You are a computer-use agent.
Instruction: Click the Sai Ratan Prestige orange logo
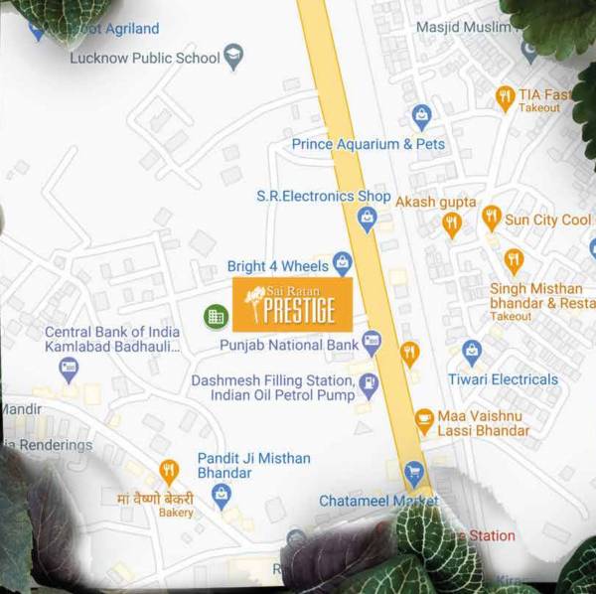point(292,305)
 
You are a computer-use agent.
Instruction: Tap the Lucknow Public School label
point(145,58)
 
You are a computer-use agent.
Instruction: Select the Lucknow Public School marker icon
point(234,57)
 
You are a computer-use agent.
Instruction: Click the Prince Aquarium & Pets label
point(369,144)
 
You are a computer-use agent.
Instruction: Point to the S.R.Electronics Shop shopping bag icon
point(368,219)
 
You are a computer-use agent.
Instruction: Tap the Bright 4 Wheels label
point(277,266)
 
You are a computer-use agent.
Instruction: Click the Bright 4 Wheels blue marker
point(343,264)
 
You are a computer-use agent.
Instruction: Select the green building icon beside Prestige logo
point(215,317)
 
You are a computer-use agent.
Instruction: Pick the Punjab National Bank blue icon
point(372,344)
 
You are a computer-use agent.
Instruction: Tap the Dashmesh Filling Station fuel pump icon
point(369,383)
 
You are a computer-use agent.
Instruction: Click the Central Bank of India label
point(112,339)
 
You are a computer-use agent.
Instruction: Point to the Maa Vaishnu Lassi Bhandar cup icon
point(424,419)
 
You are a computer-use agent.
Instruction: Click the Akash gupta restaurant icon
point(452,224)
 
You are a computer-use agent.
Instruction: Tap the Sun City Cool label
point(547,220)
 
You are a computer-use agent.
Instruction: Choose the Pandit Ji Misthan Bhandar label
point(254,466)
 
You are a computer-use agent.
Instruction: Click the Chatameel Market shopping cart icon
point(413,473)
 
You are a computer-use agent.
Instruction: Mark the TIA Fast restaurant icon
point(505,97)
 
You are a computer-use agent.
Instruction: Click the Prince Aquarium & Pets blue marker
point(421,117)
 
